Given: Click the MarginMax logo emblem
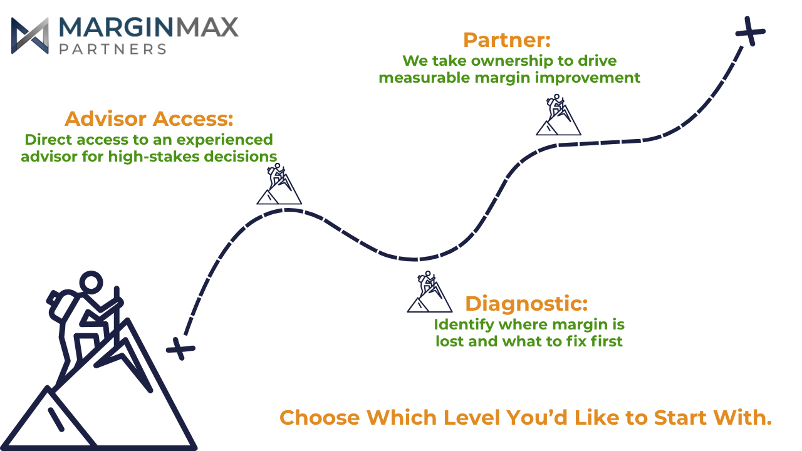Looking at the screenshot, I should point(30,36).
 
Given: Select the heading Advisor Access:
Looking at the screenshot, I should point(149,118).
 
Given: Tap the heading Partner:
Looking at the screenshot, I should point(507,40).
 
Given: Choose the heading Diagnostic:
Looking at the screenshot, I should point(526,304).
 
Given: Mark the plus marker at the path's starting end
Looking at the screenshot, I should point(180,348).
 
